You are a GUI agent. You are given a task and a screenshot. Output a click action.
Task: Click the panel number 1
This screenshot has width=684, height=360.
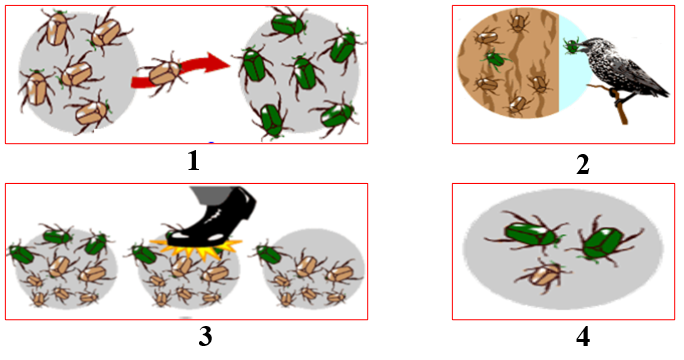click(x=193, y=161)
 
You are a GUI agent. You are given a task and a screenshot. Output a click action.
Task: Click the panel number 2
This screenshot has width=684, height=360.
click(x=583, y=165)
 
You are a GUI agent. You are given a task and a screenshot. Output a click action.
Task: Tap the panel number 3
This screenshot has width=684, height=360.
click(x=205, y=336)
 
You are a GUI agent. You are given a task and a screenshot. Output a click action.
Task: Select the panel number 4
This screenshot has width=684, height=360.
click(x=583, y=336)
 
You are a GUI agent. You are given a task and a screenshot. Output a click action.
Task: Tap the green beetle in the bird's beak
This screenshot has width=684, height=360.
click(x=571, y=46)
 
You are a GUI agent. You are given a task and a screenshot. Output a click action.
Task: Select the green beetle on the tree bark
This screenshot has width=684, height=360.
click(x=495, y=58)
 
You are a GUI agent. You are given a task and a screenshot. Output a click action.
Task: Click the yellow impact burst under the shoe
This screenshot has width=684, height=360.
click(x=196, y=249)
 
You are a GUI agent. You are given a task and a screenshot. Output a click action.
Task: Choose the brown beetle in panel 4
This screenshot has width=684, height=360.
click(x=542, y=276)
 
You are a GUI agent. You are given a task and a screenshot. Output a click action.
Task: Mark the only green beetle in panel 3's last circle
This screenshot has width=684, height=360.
click(x=269, y=254)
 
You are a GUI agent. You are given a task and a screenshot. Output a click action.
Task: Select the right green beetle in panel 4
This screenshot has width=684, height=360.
click(x=604, y=242)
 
